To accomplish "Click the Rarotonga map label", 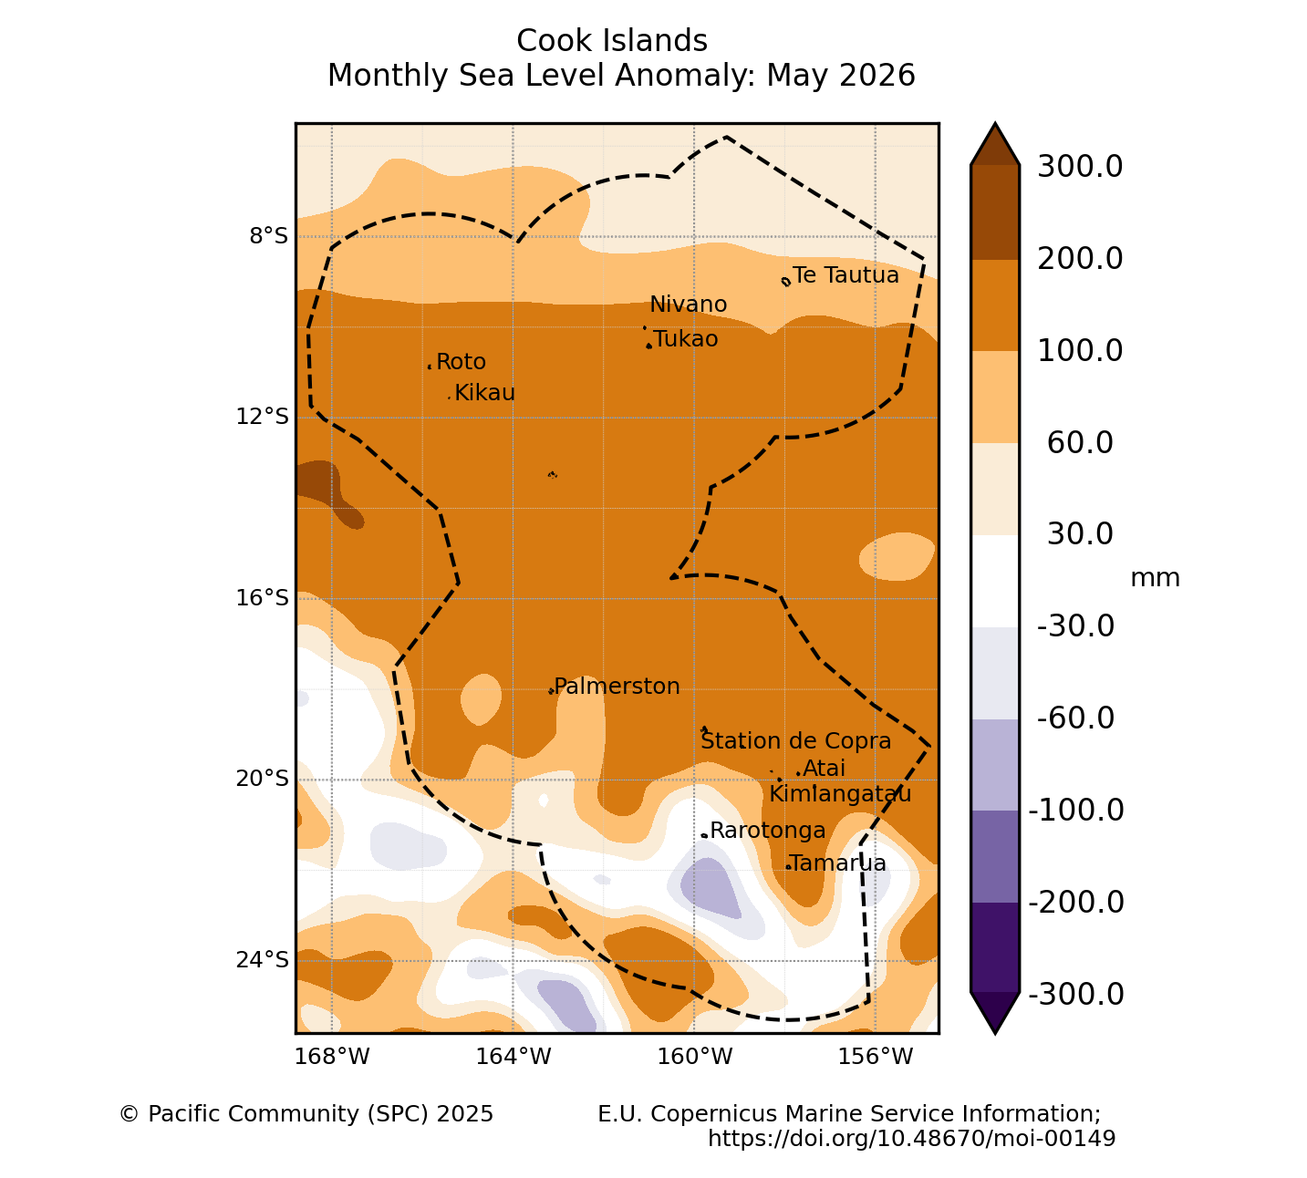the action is [767, 831].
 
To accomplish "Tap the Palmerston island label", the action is [617, 687].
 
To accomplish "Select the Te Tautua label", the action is [845, 275].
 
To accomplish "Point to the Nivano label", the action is [688, 305].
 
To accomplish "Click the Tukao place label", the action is [686, 339].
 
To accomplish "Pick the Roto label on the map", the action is [461, 362].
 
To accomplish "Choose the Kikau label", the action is [484, 393].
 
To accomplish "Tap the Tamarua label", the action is [838, 863].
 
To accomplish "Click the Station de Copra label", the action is [795, 741].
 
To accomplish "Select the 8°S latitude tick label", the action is [268, 236].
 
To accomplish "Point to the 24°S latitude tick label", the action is [262, 960].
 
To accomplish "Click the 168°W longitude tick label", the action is [332, 1056].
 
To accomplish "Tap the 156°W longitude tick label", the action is [875, 1056].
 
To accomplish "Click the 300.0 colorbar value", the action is [1080, 167].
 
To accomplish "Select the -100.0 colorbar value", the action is [1076, 811].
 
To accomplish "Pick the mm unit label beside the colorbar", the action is [1156, 578].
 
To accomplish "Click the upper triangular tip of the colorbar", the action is [995, 123].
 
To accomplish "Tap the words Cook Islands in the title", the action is [612, 41].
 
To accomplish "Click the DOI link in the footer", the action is [912, 1138].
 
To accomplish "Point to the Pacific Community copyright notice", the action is [306, 1114].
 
